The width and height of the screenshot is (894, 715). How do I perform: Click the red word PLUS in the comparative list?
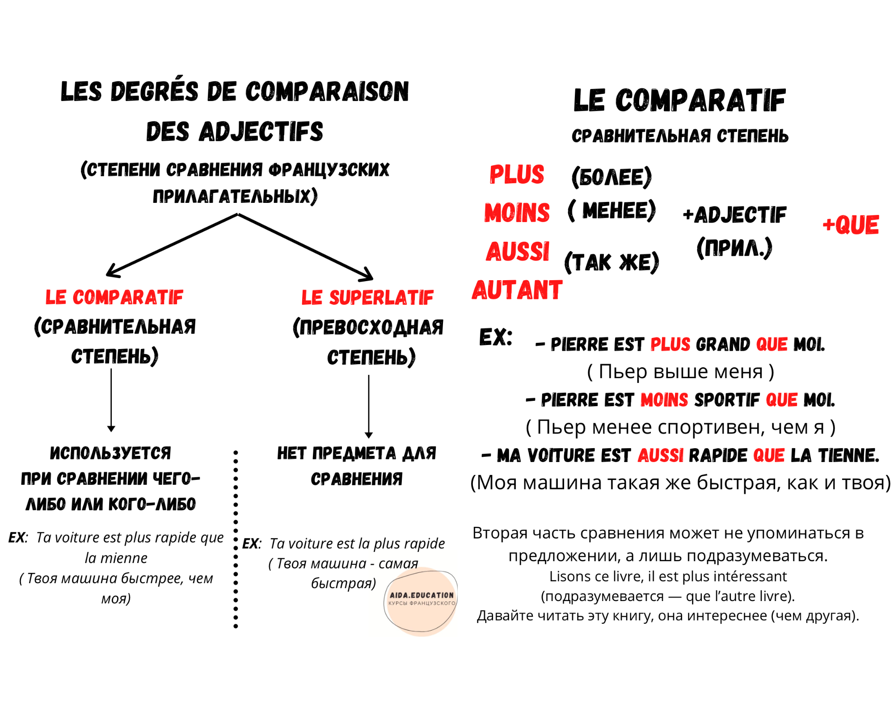pos(517,174)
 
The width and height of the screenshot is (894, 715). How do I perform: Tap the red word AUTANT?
pos(517,290)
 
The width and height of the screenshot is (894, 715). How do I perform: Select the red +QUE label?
pos(851,224)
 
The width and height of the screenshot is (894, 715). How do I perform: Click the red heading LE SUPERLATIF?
pos(367,298)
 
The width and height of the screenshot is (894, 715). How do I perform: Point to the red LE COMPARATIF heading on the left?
pos(114,297)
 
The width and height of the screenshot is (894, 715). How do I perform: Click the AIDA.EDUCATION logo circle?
pos(421,601)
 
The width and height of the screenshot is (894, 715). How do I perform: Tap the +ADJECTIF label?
pos(734,215)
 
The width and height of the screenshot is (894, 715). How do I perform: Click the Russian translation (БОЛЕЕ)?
pos(611,177)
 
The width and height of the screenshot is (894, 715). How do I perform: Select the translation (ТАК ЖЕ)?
pos(611,262)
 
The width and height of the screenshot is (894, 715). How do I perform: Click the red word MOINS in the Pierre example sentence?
pos(664,400)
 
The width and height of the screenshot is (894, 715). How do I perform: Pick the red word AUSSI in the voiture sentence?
pos(661,455)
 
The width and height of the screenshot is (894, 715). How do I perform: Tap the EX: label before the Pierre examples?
pos(496,337)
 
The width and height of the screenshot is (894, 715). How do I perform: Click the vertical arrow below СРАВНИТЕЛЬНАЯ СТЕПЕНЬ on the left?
pos(111,400)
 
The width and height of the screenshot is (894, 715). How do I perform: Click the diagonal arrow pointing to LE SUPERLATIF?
pos(305,247)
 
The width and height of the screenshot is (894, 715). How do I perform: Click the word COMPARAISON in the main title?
pos(327,92)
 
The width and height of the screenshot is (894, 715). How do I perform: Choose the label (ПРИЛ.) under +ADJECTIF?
pos(734,248)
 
